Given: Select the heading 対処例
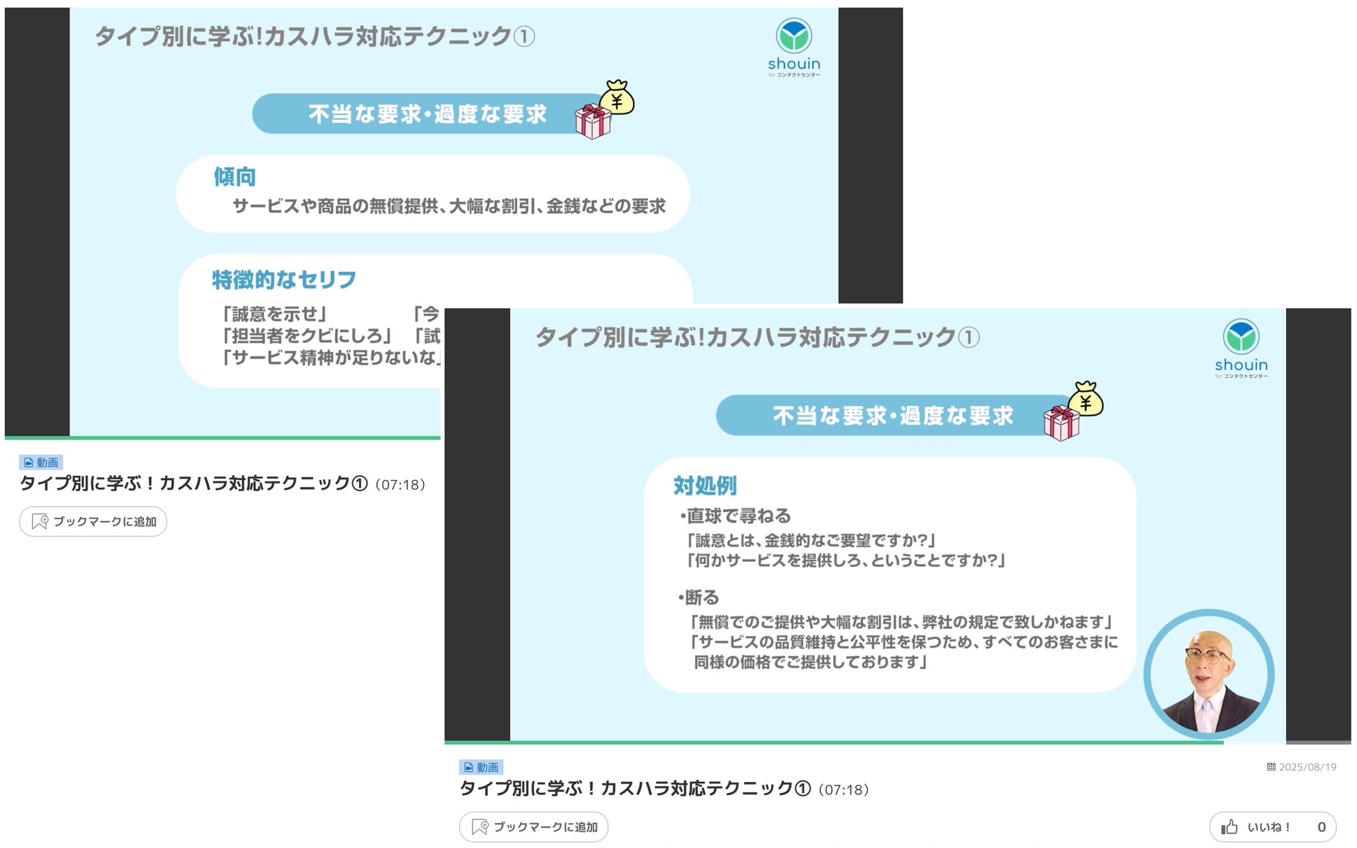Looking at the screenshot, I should [x=704, y=486].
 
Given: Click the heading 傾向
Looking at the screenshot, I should [x=235, y=177].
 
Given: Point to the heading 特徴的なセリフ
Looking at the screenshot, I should [x=284, y=280].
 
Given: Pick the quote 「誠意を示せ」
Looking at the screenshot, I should [x=273, y=314].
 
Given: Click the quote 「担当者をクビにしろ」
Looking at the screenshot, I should [x=305, y=336].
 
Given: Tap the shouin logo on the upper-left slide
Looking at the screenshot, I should [x=794, y=46].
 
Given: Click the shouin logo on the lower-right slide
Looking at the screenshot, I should [x=1241, y=347].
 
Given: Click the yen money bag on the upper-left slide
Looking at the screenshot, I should [x=617, y=97].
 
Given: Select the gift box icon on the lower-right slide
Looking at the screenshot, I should [x=1061, y=423].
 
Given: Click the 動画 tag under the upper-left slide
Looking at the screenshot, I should [x=41, y=463].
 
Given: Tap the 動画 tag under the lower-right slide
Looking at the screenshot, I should [x=481, y=767].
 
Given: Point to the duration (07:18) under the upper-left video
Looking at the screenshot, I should [x=400, y=485].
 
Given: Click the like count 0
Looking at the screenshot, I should [x=1322, y=827].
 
